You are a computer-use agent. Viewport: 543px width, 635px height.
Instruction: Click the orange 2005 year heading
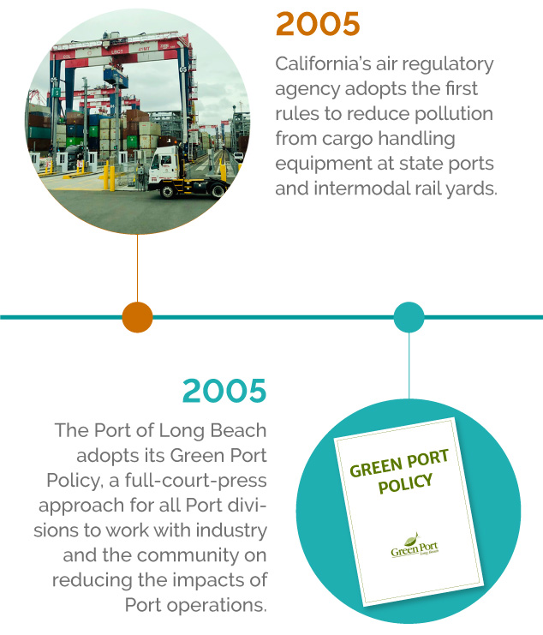(x=318, y=24)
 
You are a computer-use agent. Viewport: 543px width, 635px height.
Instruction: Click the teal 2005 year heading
(x=224, y=391)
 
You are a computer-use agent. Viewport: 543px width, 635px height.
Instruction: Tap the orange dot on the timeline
(x=138, y=317)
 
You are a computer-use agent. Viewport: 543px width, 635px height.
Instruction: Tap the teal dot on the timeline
(x=409, y=317)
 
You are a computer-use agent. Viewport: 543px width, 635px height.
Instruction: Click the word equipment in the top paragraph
(x=323, y=165)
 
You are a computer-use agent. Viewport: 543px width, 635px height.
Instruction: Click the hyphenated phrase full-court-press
(x=196, y=481)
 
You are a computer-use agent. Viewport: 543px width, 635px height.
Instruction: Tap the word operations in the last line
(x=217, y=606)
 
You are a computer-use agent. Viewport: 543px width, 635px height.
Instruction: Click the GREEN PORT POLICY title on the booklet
(x=400, y=472)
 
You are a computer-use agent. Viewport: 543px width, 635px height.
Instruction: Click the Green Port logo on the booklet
(x=415, y=547)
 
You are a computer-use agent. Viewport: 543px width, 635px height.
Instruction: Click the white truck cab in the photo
(x=164, y=166)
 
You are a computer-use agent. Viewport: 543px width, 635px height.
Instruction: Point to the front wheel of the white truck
(x=167, y=191)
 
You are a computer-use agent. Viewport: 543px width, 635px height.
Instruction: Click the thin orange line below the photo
(x=138, y=268)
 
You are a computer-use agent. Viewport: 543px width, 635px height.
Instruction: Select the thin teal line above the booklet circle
(x=409, y=365)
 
